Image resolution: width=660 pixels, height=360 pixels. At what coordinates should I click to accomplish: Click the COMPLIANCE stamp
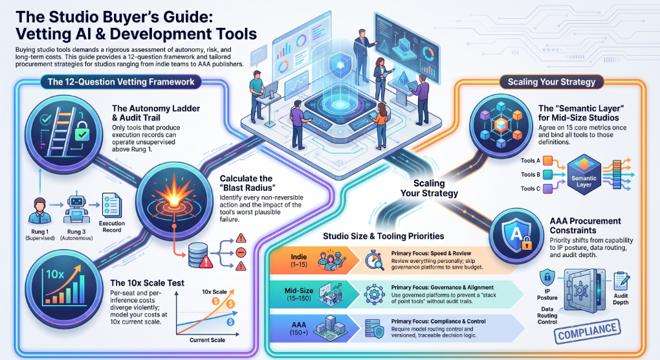click(x=587, y=331)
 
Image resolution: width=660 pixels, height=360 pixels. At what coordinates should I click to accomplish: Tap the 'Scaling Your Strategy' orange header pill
click(x=551, y=82)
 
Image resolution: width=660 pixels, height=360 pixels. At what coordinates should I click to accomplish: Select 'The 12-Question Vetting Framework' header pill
click(x=121, y=82)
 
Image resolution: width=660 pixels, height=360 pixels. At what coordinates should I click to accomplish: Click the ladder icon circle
click(x=63, y=131)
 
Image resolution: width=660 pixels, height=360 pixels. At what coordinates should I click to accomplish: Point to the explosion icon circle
click(x=174, y=201)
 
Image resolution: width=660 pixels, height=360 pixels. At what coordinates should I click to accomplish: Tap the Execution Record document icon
click(x=111, y=206)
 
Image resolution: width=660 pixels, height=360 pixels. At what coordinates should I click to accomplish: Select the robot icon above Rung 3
click(x=76, y=209)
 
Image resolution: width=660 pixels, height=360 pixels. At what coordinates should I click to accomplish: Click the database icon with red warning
click(x=198, y=255)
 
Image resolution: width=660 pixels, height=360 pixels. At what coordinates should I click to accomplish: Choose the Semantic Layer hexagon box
click(x=584, y=175)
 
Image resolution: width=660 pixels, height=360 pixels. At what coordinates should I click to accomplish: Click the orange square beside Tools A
click(x=547, y=161)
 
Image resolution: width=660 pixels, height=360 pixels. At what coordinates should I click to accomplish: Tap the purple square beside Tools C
click(x=547, y=188)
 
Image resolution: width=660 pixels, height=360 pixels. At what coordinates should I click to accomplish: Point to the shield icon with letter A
click(x=517, y=236)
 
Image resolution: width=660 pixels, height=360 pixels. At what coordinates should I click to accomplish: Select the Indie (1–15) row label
click(x=299, y=261)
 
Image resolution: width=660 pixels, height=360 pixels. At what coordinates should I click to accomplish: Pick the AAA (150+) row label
click(x=299, y=328)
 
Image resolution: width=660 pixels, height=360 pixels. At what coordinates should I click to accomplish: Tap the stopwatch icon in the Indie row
click(x=374, y=260)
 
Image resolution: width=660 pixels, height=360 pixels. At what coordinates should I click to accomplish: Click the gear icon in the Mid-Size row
click(x=374, y=294)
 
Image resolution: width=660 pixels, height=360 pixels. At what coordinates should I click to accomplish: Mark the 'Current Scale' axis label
click(x=207, y=340)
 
